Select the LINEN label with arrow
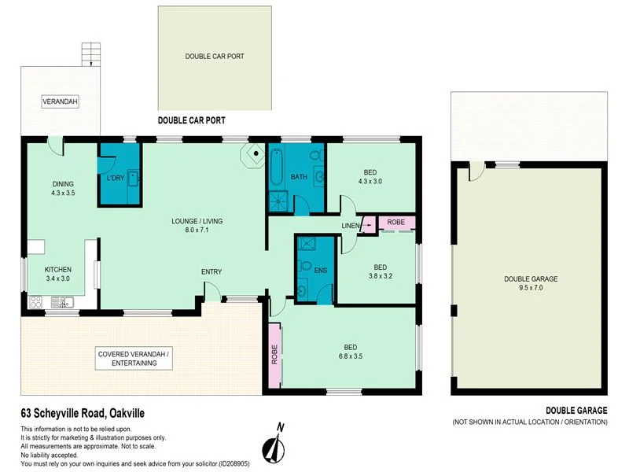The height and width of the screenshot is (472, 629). [x=351, y=227]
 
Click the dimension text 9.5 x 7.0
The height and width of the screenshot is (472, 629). [x=531, y=289]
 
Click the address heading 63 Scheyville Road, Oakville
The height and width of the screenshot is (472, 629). [x=83, y=412]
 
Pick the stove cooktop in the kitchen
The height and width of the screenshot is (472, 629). [x=36, y=301]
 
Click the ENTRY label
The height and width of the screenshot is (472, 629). [x=212, y=272]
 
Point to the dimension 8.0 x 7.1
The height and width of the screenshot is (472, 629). [x=197, y=231]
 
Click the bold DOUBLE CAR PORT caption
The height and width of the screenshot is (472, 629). [x=192, y=120]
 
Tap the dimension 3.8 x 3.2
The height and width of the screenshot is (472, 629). [x=379, y=276]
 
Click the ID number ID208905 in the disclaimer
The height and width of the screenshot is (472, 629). [x=234, y=464]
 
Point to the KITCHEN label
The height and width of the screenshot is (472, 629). [x=57, y=269]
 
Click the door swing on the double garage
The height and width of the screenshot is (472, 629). [x=473, y=170]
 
